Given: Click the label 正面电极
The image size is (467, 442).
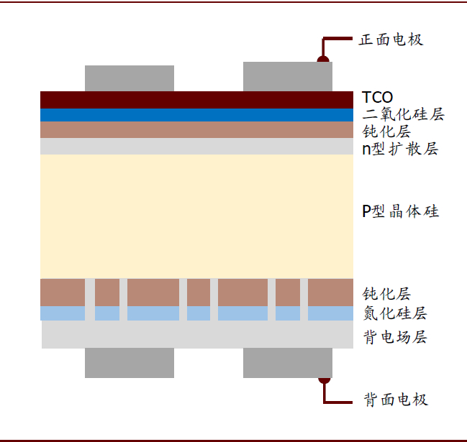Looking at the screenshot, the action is [x=391, y=40].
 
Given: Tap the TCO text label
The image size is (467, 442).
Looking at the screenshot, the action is [x=377, y=97].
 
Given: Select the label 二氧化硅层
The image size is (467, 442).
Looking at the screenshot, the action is [x=403, y=114].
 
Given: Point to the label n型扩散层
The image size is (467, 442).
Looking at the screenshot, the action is [x=400, y=149].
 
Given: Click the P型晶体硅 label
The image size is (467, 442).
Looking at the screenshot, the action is [x=400, y=211].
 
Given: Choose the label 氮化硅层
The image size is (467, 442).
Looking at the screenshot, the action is [x=395, y=313].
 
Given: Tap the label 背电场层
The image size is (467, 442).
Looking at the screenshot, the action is [x=395, y=337].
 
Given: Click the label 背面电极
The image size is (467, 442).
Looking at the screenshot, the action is [x=396, y=400].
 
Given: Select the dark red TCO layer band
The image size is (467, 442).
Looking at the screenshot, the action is [x=196, y=100].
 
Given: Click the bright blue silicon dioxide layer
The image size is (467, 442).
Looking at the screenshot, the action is [x=196, y=115].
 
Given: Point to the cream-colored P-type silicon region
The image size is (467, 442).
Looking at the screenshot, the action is [x=196, y=216].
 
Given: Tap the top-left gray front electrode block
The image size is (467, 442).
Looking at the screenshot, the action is [x=130, y=78].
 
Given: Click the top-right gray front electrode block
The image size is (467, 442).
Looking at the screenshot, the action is [x=288, y=76].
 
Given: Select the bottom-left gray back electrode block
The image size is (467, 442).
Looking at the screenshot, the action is [x=130, y=363].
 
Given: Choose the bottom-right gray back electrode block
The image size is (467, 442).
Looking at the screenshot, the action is [x=288, y=363].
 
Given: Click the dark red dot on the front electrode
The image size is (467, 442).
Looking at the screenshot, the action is [x=323, y=59].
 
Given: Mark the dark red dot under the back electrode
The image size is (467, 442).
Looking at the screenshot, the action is [x=325, y=381].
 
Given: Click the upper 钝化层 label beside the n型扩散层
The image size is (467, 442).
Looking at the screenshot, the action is [x=386, y=132].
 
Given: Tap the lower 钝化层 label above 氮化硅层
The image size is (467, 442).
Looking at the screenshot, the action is [x=386, y=294].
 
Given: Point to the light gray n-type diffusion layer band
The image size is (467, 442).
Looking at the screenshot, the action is [x=196, y=146].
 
